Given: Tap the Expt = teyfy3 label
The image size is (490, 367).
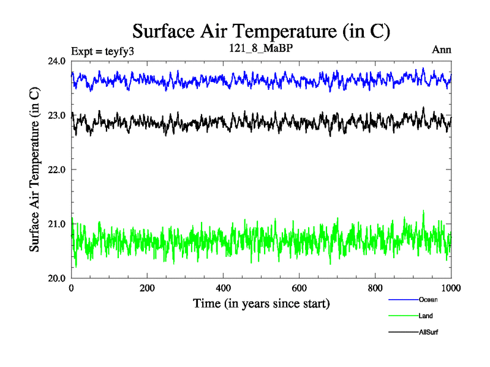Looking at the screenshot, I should [103, 50].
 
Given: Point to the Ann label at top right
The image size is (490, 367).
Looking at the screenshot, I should [442, 50].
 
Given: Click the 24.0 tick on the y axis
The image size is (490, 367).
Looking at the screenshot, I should [59, 61].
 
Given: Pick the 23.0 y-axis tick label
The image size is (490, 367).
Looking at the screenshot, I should [59, 115].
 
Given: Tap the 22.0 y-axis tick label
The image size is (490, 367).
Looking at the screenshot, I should [59, 169].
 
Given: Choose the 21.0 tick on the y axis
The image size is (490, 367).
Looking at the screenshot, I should [59, 224].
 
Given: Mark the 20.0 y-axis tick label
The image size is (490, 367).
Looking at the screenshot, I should [59, 278].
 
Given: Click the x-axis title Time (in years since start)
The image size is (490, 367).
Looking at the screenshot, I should [262, 303].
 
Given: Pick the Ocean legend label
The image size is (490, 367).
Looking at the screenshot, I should [428, 300].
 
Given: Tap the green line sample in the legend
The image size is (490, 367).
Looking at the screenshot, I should [402, 316].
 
